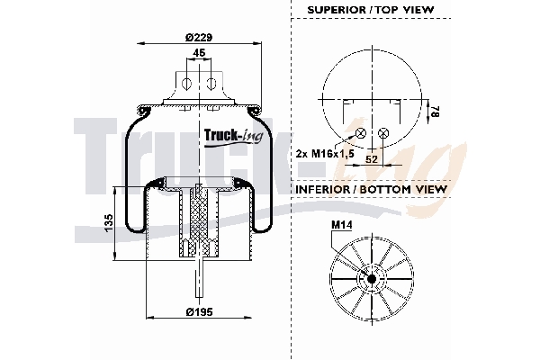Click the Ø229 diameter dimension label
click(x=198, y=37)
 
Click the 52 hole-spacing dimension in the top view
click(x=372, y=158)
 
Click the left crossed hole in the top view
click(x=361, y=133)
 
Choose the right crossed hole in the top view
click(x=384, y=133)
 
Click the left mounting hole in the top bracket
click(x=185, y=85)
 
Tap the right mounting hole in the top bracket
click(x=211, y=85)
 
